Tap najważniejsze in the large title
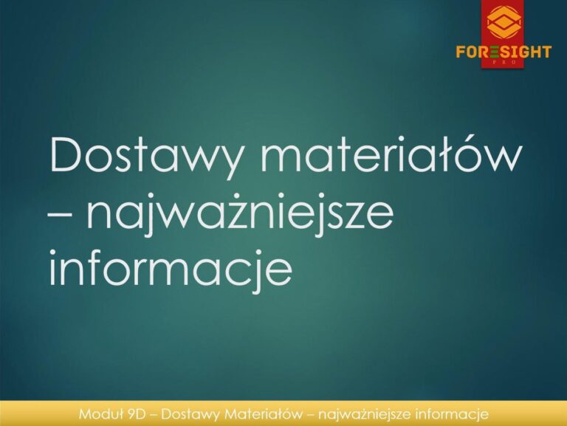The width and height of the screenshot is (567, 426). [x=240, y=213]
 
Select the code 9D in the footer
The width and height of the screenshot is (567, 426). [x=136, y=414]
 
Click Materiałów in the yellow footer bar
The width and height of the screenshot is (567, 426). [x=264, y=414]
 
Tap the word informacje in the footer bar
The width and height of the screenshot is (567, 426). [x=453, y=414]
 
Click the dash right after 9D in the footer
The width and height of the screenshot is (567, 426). [x=153, y=415]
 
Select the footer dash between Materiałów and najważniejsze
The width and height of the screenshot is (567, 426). [x=310, y=415]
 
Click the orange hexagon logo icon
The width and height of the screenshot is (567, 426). [x=504, y=23]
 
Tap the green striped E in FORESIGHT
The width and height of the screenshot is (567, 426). [x=495, y=52]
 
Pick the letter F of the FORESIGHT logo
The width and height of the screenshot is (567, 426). [x=461, y=52]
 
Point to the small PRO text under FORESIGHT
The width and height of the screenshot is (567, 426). [x=503, y=62]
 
